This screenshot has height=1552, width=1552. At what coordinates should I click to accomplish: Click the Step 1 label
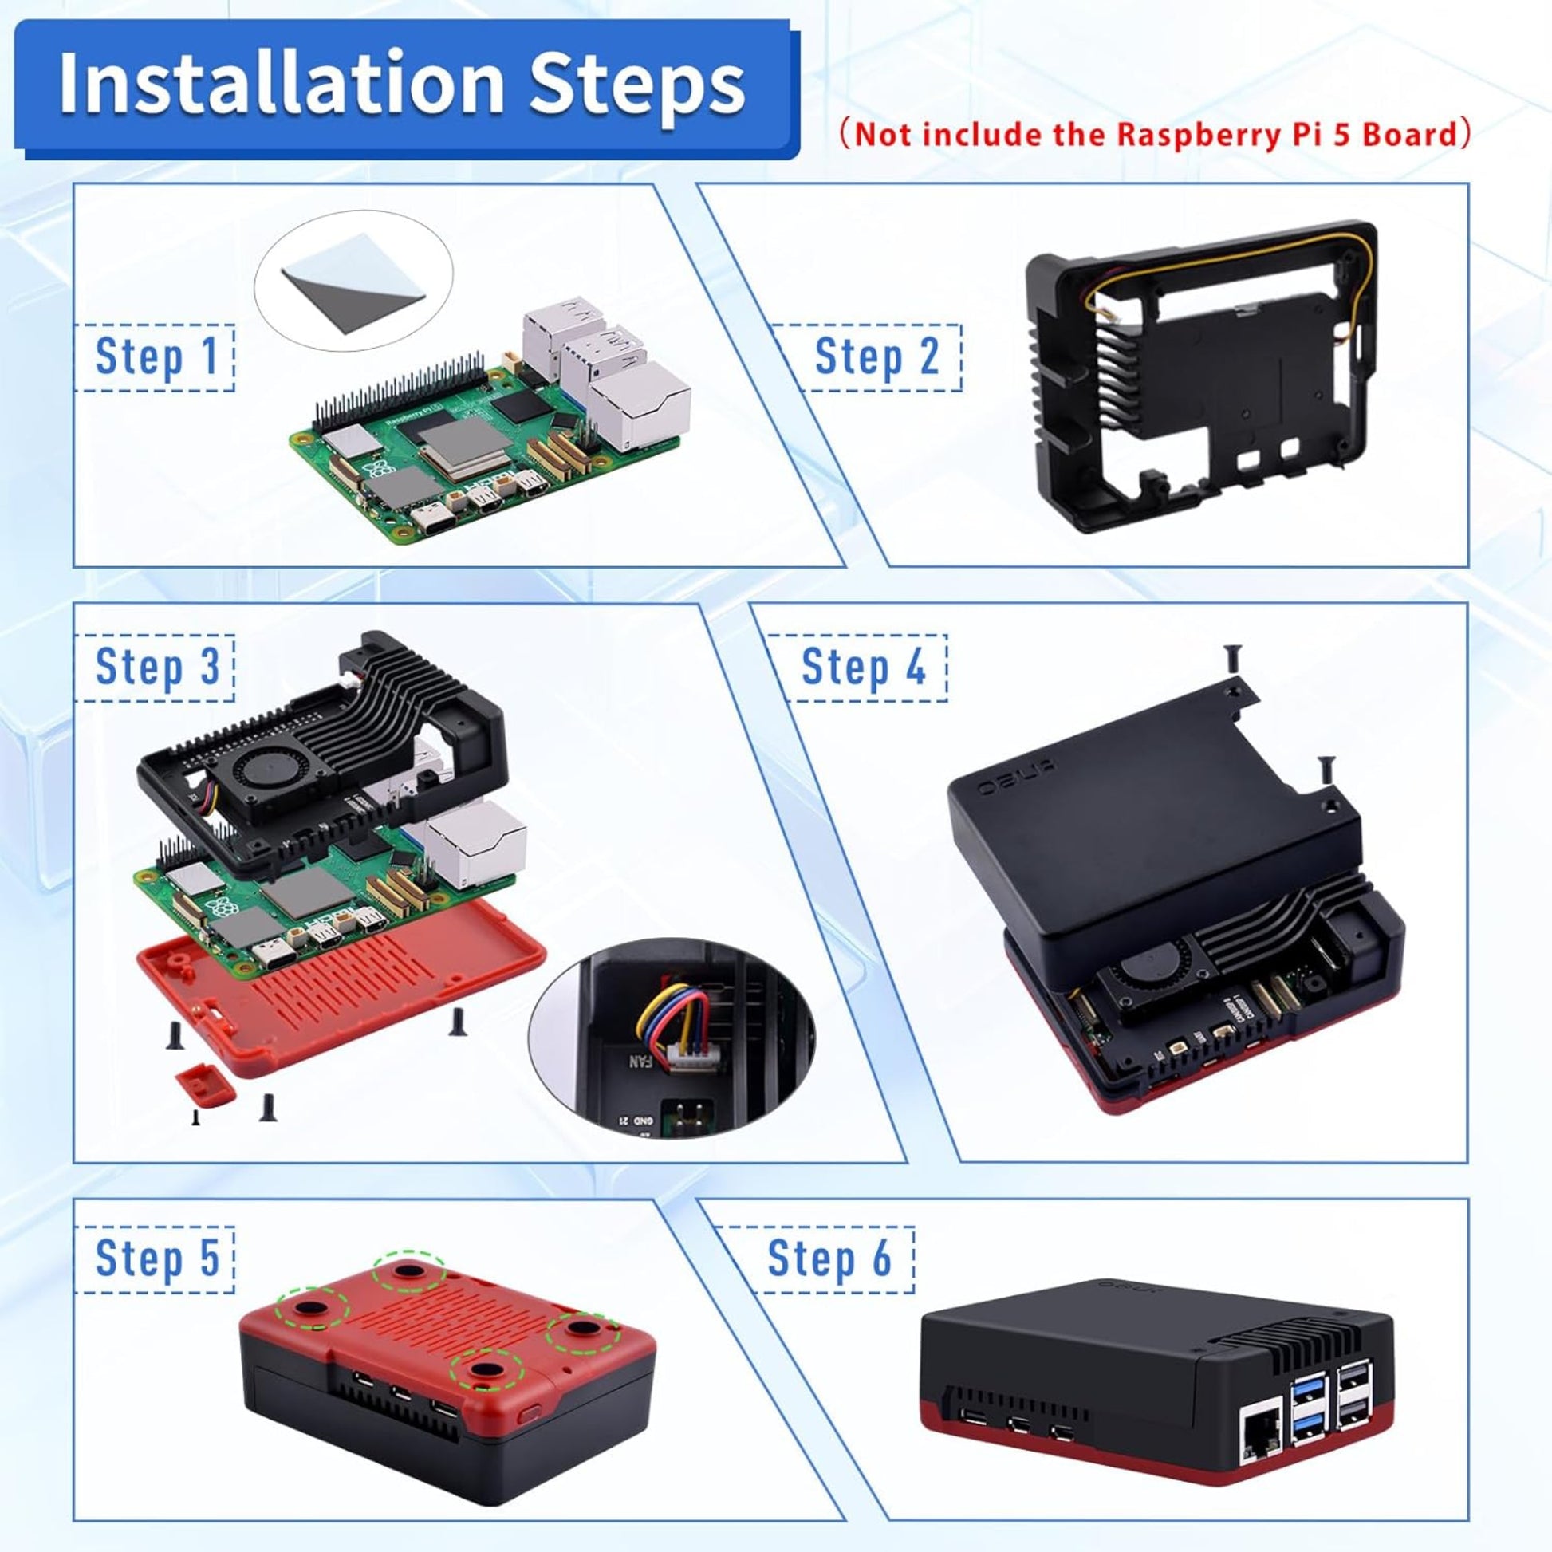156,356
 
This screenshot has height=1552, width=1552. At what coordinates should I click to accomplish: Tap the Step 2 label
876,356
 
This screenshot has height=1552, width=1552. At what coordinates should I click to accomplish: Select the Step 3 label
156,667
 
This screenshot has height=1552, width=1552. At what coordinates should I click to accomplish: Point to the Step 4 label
865,667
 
